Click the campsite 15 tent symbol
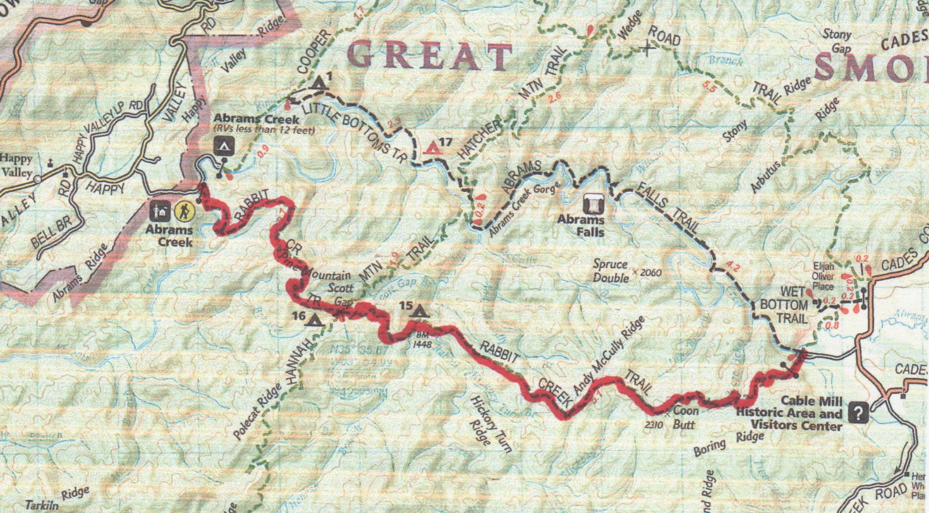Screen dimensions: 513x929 (420, 311)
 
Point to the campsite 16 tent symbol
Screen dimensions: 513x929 (313, 321)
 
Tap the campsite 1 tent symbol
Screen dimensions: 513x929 (321, 82)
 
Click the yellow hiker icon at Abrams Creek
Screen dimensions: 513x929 (183, 210)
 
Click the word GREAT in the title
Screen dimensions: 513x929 (429, 56)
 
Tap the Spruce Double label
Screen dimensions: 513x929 (610, 271)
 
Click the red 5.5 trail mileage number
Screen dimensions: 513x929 (710, 87)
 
